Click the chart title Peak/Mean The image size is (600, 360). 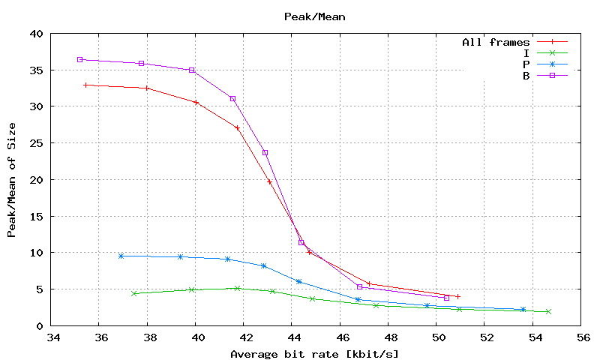315,16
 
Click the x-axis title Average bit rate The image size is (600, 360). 314,354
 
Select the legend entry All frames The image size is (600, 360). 496,42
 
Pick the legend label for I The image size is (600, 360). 527,52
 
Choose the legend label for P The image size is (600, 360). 527,64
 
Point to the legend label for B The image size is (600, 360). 527,75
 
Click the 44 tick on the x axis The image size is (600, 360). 292,338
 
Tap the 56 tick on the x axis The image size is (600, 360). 581,338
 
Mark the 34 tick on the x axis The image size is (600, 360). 52,338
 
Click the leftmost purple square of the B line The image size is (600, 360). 79,59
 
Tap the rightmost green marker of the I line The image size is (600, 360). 548,311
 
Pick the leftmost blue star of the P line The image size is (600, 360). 121,256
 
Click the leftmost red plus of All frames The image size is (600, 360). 86,85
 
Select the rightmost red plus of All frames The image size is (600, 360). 457,296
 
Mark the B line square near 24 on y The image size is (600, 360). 265,152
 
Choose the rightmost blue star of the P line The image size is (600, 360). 523,309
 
